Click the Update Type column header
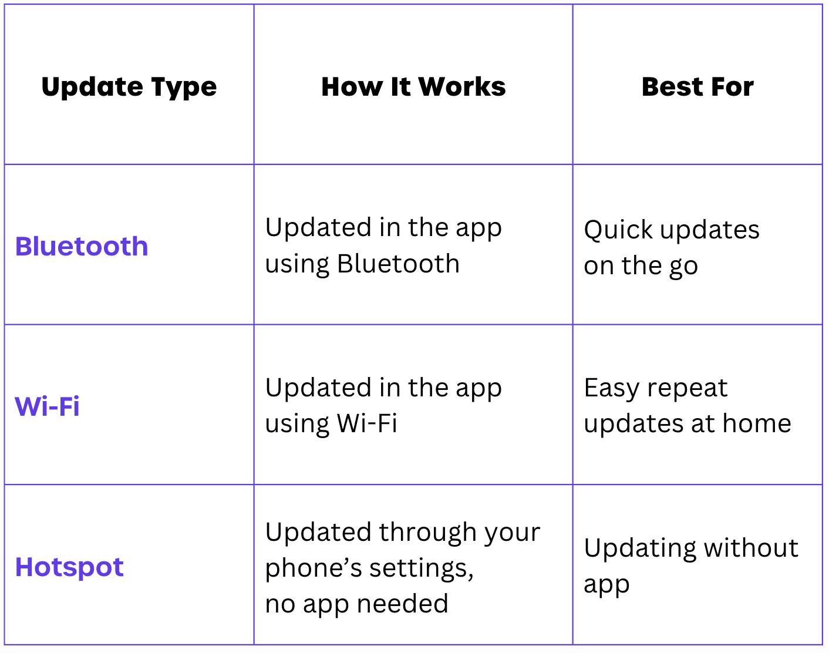[x=129, y=87]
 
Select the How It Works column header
[x=413, y=87]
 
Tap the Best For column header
[x=697, y=87]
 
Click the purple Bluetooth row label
[x=82, y=246]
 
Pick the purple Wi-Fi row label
[x=47, y=406]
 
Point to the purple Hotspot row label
[x=69, y=567]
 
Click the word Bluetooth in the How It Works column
[x=398, y=264]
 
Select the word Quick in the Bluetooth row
[x=618, y=230]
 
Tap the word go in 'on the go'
[x=683, y=267]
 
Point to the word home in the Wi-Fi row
[x=757, y=423]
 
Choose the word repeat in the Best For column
[x=688, y=389]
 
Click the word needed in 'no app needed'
[x=403, y=604]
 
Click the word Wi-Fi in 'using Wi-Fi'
[x=367, y=423]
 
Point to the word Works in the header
[x=462, y=87]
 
